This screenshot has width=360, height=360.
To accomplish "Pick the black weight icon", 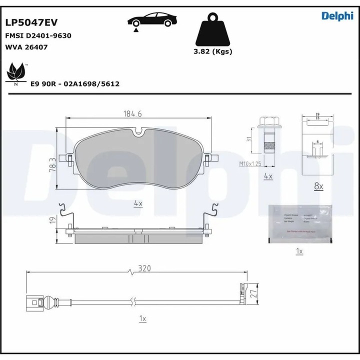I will [212, 31].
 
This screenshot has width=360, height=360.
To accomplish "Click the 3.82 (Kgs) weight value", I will [212, 51].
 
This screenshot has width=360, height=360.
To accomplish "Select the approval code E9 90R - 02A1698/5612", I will [74, 84].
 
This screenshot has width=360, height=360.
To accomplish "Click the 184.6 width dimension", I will [133, 114].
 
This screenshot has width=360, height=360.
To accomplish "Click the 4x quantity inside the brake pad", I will [138, 203].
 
